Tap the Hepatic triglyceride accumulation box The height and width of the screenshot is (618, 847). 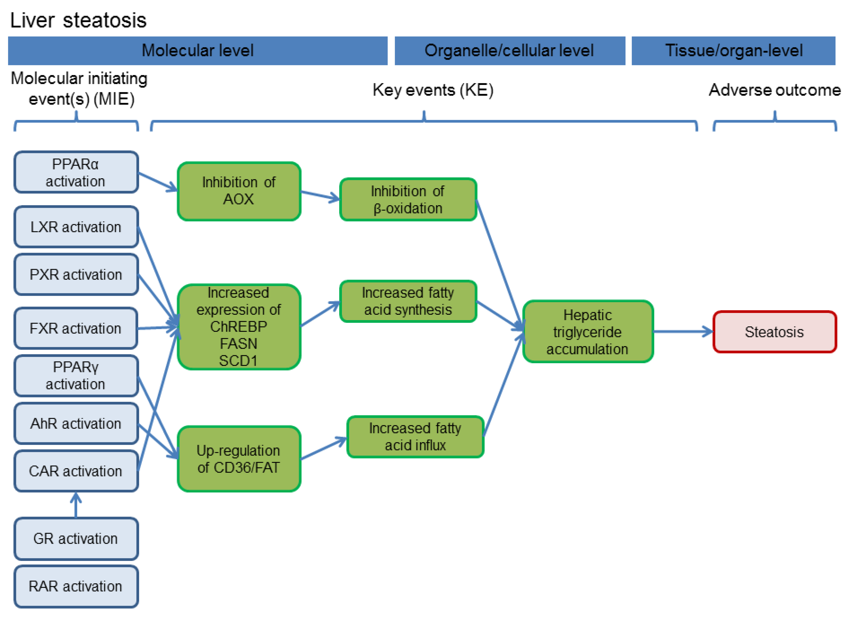(588, 331)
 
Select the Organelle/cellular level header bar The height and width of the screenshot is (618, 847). (510, 51)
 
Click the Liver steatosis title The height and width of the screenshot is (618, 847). (79, 20)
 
